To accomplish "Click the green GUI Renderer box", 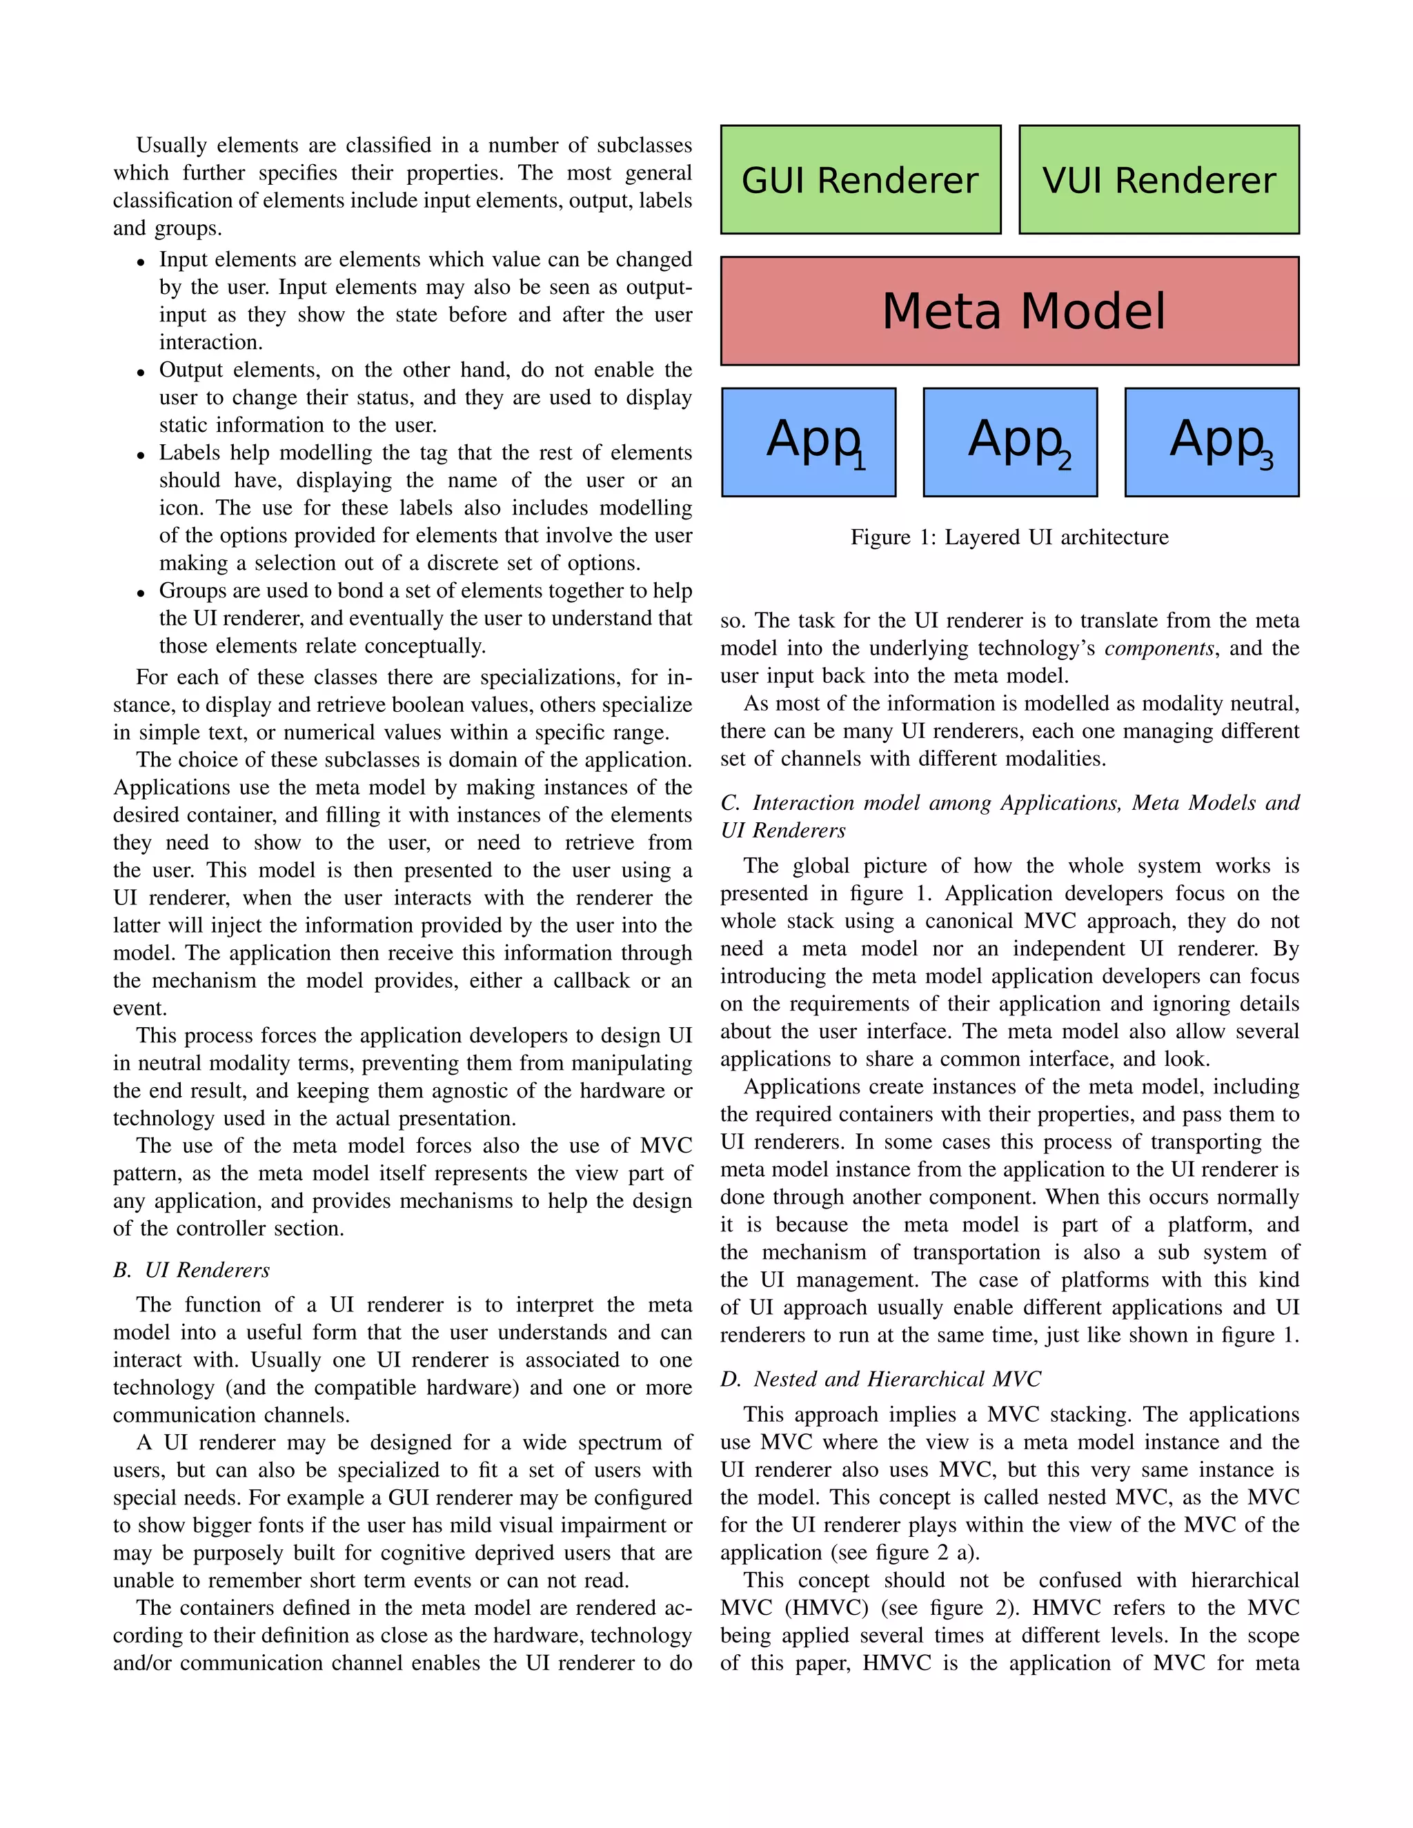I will pyautogui.click(x=860, y=180).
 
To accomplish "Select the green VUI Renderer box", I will pyautogui.click(x=1158, y=180).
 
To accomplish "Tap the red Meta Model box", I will pyautogui.click(x=1009, y=311).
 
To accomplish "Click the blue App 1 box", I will pyautogui.click(x=809, y=442).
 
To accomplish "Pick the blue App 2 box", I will pyautogui.click(x=1010, y=442).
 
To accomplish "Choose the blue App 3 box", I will pyautogui.click(x=1212, y=442).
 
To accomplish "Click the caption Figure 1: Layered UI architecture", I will pyautogui.click(x=1009, y=537).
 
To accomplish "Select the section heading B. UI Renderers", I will pyautogui.click(x=192, y=1270).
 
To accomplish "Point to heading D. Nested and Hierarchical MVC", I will pyautogui.click(x=880, y=1378).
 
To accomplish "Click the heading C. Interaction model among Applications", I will pyautogui.click(x=1009, y=803).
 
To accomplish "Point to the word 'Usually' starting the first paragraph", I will pyautogui.click(x=171, y=146).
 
